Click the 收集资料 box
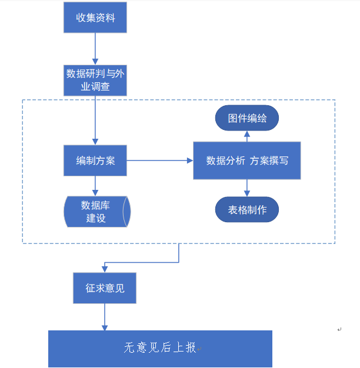[x=95, y=18]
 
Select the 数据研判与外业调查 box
[x=95, y=81]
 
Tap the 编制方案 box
[x=95, y=160]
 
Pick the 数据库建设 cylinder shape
[x=96, y=211]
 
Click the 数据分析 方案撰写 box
[x=246, y=160]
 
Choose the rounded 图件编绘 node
[x=246, y=118]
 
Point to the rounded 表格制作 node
[x=246, y=210]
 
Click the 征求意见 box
[x=104, y=288]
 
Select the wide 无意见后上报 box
[x=160, y=349]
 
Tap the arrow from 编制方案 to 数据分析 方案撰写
[x=159, y=160]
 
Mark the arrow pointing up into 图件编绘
[x=246, y=136]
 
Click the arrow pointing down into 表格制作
[x=246, y=188]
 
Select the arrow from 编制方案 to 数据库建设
[x=95, y=186]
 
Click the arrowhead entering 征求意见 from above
[x=104, y=269]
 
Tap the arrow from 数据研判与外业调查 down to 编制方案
[x=95, y=121]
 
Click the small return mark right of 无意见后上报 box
[x=339, y=330]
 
